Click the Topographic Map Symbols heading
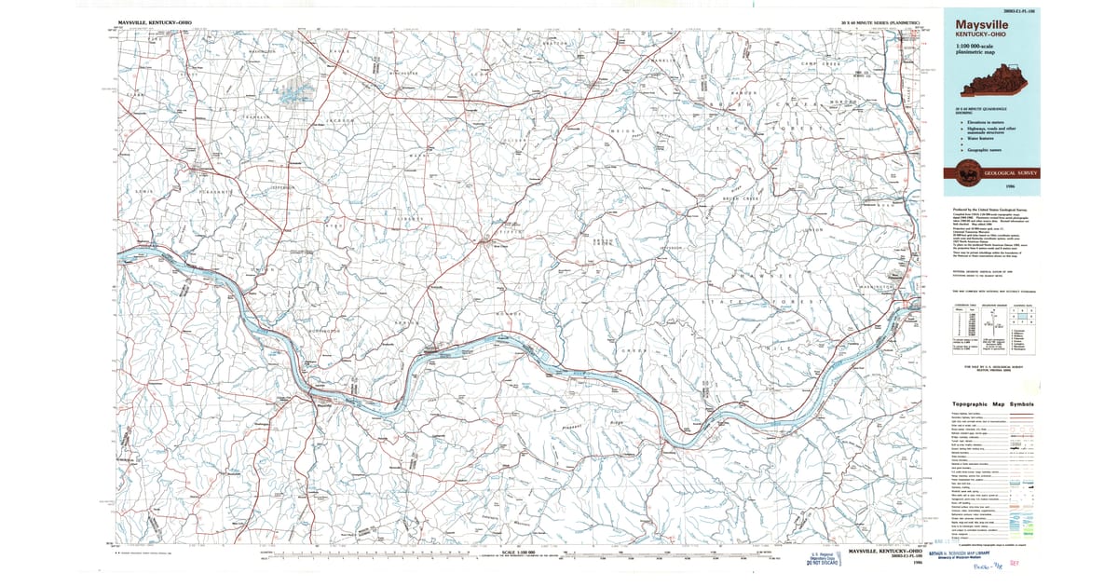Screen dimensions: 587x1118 coord(993,403)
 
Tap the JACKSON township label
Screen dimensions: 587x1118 coord(341,121)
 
